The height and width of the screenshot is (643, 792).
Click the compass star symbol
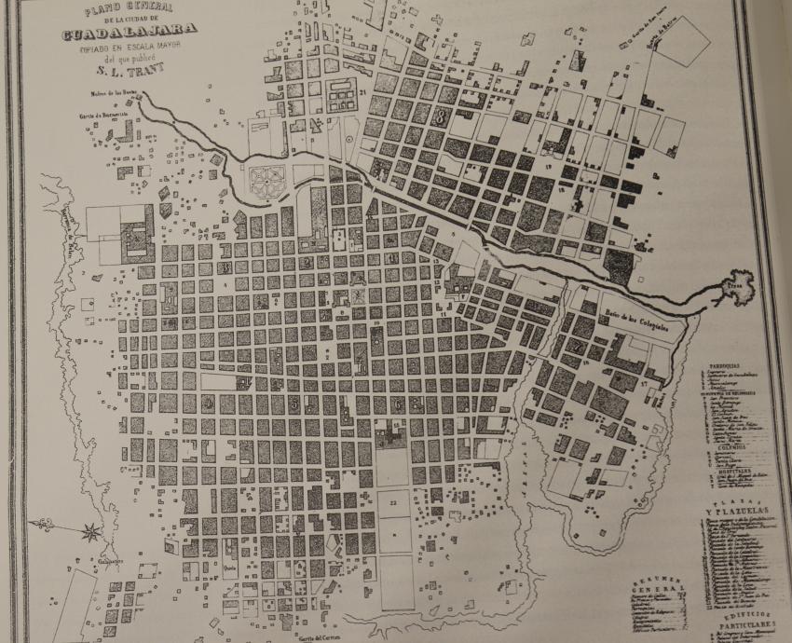[x=91, y=532]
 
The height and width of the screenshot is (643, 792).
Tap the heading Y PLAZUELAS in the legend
[x=737, y=515]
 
